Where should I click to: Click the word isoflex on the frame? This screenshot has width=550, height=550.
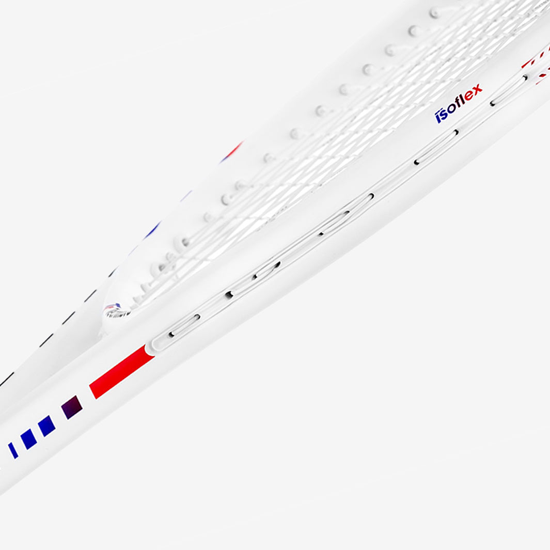[459, 103]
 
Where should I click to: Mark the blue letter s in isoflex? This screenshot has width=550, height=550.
[444, 114]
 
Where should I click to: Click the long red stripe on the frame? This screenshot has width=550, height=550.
[122, 372]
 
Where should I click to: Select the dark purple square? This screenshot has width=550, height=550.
[72, 407]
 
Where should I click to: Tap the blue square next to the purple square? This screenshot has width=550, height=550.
[46, 426]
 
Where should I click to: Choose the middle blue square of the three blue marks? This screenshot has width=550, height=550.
[28, 439]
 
